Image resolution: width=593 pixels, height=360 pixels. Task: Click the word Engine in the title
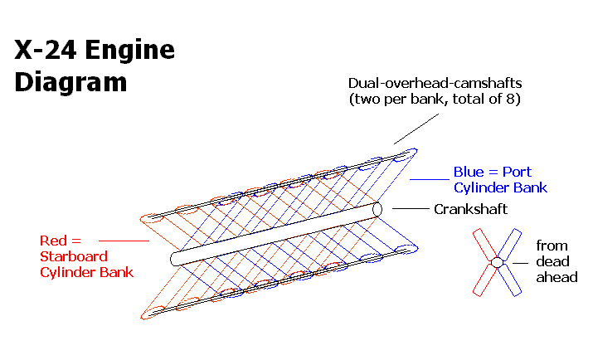pos(131,51)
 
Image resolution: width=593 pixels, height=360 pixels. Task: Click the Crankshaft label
pos(470,209)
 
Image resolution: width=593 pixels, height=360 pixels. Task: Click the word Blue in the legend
pos(469,173)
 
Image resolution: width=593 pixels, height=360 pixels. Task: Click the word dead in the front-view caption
pos(552,262)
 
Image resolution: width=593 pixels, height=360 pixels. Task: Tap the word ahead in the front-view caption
pos(556,277)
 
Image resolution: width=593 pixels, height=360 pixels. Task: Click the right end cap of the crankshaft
pos(378,209)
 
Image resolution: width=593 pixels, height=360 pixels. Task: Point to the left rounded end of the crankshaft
pos(176,260)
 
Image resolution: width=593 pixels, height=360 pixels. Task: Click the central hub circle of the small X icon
pos(496,262)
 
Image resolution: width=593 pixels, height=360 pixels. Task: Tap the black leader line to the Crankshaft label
pos(410,208)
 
